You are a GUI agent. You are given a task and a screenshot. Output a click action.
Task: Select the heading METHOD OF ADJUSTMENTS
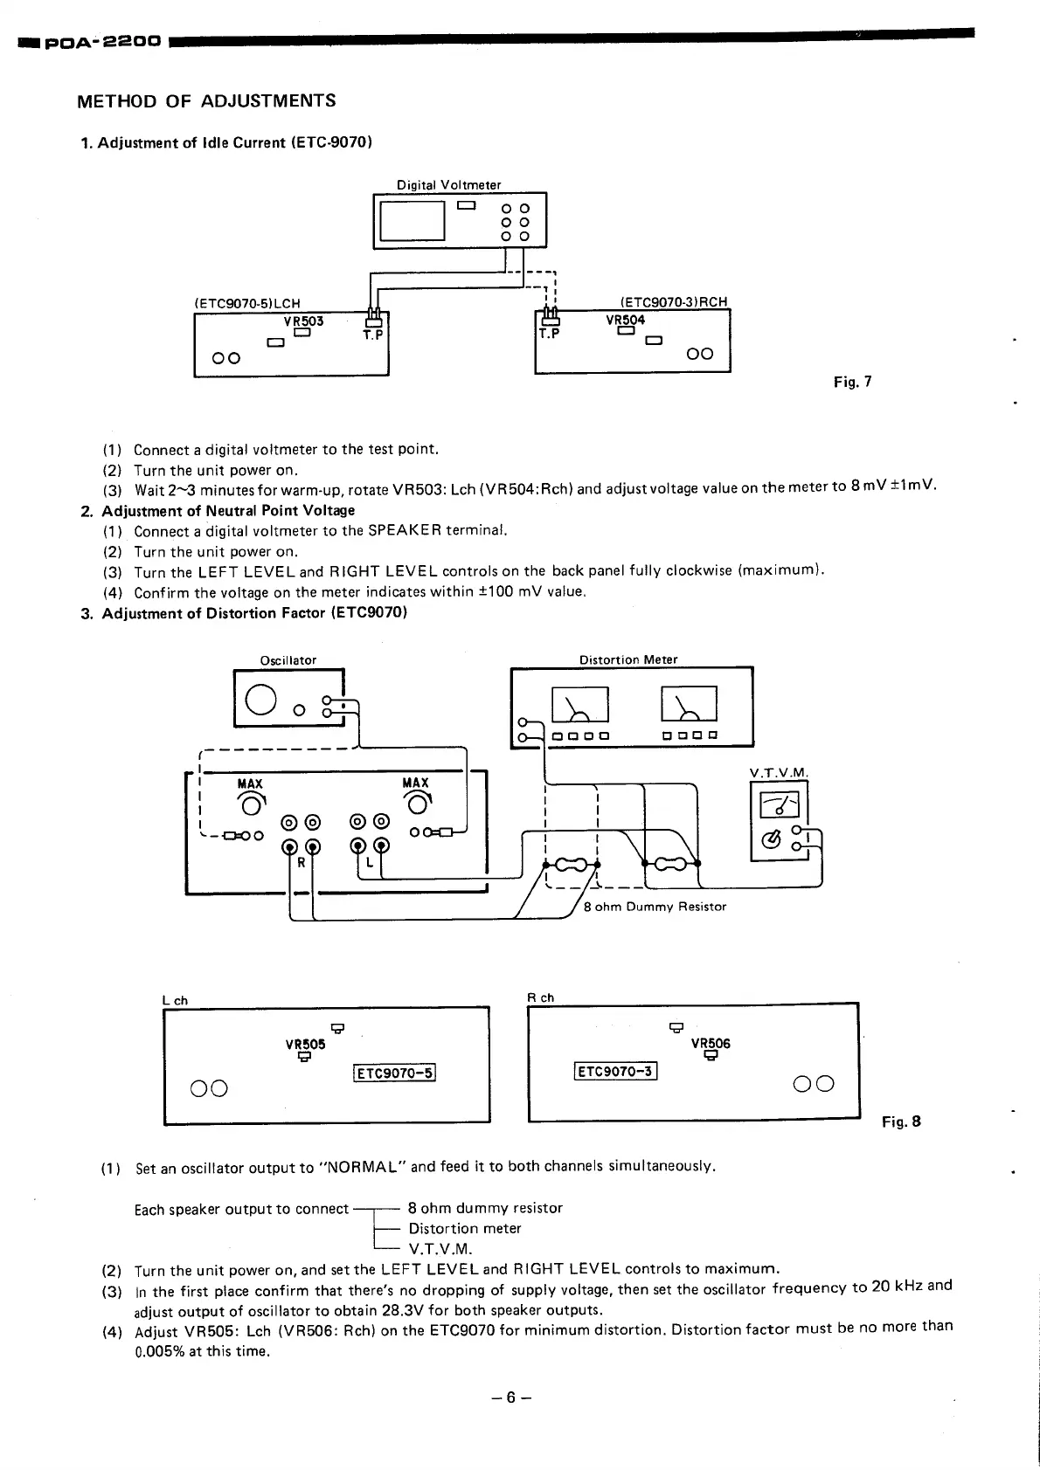click(x=206, y=101)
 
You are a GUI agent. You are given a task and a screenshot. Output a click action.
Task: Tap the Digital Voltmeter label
click(x=448, y=185)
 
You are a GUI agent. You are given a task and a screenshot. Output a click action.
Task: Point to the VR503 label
click(x=303, y=321)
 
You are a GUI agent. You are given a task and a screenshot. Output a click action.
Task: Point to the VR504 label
click(x=625, y=320)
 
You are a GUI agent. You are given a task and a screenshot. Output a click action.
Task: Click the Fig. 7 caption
click(x=852, y=382)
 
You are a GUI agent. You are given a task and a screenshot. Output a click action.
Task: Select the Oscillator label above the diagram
click(x=288, y=660)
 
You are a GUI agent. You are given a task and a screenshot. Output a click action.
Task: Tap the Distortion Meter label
click(x=628, y=659)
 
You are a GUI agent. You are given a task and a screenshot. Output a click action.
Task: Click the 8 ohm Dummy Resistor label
click(x=655, y=907)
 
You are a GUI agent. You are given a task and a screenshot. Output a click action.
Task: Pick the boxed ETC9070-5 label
click(x=395, y=1073)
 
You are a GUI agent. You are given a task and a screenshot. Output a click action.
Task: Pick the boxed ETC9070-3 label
click(x=615, y=1071)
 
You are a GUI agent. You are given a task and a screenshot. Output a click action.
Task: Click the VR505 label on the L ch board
click(x=305, y=1044)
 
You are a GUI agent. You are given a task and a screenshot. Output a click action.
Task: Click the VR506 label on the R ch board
click(x=711, y=1043)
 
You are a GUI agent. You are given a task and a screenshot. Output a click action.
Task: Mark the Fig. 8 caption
click(x=901, y=1121)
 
